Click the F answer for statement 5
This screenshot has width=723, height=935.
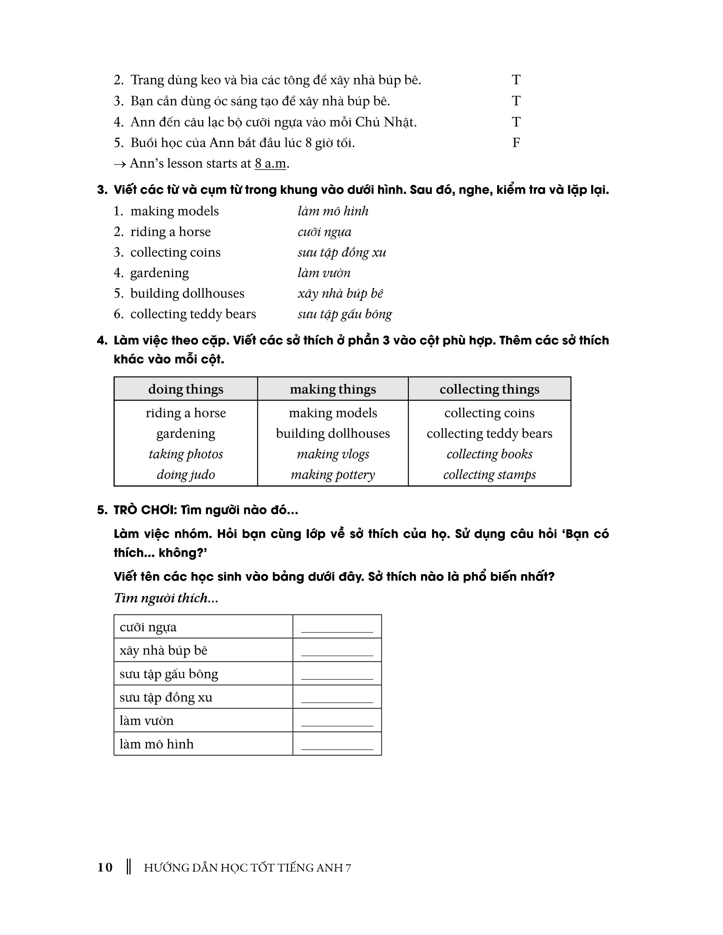click(516, 142)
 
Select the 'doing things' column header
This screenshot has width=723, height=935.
click(185, 389)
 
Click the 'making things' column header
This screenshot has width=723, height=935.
click(333, 389)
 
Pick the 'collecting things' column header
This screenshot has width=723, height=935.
click(489, 389)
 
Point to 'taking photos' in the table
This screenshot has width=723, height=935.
click(185, 454)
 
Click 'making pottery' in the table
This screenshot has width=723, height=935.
click(333, 474)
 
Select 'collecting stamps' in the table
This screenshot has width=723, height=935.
click(489, 474)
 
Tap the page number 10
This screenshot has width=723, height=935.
click(105, 867)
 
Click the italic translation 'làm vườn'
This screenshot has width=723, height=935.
click(324, 273)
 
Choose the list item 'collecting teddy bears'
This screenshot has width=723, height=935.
click(193, 314)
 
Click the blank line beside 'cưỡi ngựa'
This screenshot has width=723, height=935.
click(337, 629)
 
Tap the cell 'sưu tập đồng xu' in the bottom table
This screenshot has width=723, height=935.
click(166, 697)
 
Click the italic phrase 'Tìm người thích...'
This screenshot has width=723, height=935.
click(166, 598)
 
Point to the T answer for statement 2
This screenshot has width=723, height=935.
click(516, 79)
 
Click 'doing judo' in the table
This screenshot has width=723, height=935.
click(185, 474)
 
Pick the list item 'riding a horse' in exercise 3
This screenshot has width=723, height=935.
click(171, 232)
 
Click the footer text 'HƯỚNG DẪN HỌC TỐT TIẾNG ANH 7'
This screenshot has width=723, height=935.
click(247, 868)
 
